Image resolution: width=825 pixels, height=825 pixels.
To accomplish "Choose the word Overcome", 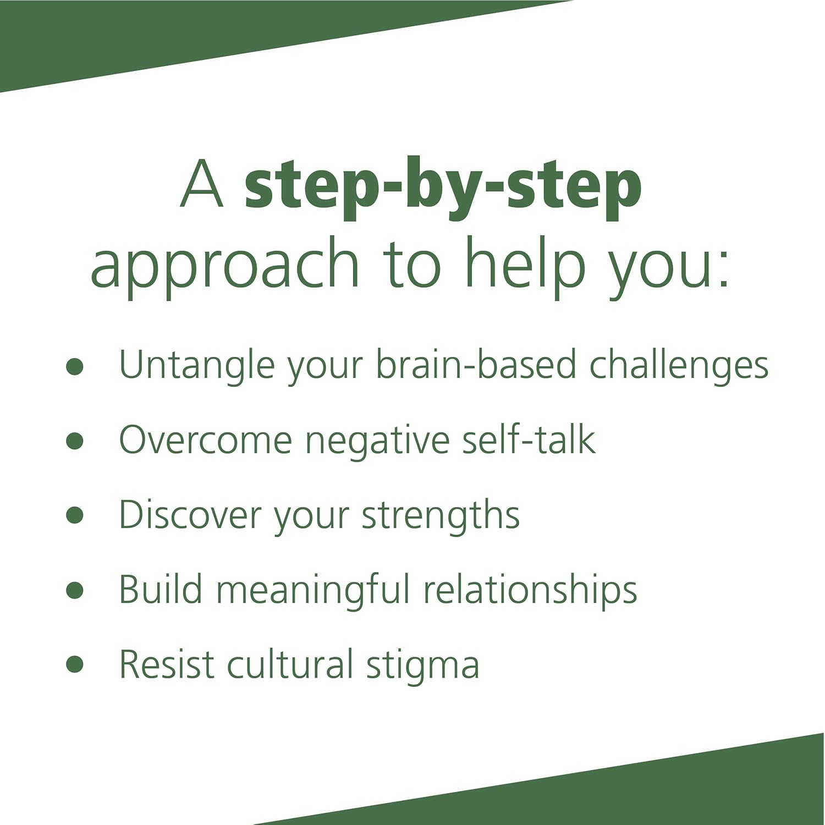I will (205, 440).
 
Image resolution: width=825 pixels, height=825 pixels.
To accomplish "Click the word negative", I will (378, 440).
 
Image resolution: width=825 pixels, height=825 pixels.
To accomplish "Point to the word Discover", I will (189, 515).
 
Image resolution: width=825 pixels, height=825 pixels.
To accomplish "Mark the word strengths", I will (441, 515).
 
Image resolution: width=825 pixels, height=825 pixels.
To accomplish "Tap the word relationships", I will (530, 591).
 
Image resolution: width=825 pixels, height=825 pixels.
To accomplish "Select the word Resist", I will (166, 664).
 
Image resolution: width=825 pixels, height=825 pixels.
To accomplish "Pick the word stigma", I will (422, 665).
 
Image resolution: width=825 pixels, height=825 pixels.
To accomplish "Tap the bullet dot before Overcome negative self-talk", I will (74, 441).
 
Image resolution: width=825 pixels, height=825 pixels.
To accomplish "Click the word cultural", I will (290, 664).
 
